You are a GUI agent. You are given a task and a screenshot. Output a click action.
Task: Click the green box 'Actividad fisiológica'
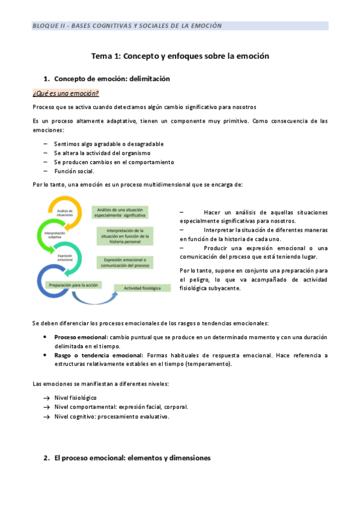[x=142, y=289]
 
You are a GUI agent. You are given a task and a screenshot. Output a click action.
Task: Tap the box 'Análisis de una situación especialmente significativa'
[x=120, y=212]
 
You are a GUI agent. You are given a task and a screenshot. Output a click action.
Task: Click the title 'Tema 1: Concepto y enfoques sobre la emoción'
[x=180, y=55]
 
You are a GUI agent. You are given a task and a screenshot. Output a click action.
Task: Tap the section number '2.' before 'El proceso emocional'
[x=46, y=458]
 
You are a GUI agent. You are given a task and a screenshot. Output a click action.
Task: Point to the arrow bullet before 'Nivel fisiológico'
[x=46, y=398]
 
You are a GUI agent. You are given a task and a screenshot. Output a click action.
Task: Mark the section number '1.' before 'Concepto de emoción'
[x=46, y=79]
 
